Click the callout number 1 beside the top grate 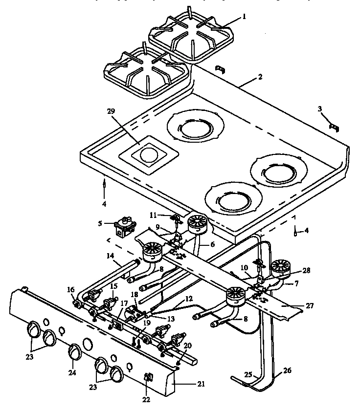244,16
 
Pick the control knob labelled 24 74,351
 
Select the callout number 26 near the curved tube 287,371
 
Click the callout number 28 306,270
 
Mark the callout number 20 188,345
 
